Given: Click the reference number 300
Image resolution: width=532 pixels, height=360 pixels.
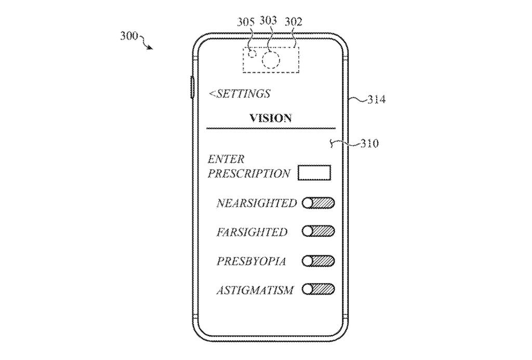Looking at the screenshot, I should click(x=128, y=36).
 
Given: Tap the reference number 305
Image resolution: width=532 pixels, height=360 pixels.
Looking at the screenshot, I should click(x=246, y=22).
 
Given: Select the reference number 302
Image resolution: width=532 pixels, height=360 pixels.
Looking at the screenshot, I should click(x=294, y=22).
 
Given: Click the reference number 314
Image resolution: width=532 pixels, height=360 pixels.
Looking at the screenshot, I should click(x=377, y=99).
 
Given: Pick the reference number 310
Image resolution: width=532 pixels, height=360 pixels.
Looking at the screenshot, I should click(x=370, y=144).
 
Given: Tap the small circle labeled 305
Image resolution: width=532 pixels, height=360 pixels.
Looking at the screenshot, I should click(x=253, y=54).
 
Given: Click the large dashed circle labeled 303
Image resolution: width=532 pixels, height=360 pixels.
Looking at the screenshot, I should click(x=271, y=60).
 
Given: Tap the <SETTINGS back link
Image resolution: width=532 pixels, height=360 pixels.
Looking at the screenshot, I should click(x=240, y=94).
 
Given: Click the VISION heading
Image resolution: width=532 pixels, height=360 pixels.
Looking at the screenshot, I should click(x=271, y=118).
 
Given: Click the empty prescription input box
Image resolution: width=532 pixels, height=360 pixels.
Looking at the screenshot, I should click(x=314, y=172).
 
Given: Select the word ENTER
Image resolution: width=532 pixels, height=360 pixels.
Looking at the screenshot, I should click(x=226, y=159).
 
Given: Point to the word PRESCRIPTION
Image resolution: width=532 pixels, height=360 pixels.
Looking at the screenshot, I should click(x=249, y=174).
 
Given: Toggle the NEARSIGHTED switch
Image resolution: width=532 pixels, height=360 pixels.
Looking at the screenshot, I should click(x=318, y=203).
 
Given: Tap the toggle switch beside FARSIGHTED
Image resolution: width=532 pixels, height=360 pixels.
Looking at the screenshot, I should click(x=318, y=232).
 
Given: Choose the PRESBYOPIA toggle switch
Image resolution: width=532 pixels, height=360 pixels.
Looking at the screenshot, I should click(x=318, y=261).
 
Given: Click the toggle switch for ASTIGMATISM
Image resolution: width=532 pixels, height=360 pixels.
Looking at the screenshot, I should click(x=318, y=289).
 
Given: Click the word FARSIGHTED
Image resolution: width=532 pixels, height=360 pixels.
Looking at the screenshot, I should click(x=251, y=232).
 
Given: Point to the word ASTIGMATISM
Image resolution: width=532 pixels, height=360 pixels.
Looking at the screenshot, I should click(x=255, y=290).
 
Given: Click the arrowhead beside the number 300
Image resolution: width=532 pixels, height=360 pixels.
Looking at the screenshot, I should click(x=151, y=48).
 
